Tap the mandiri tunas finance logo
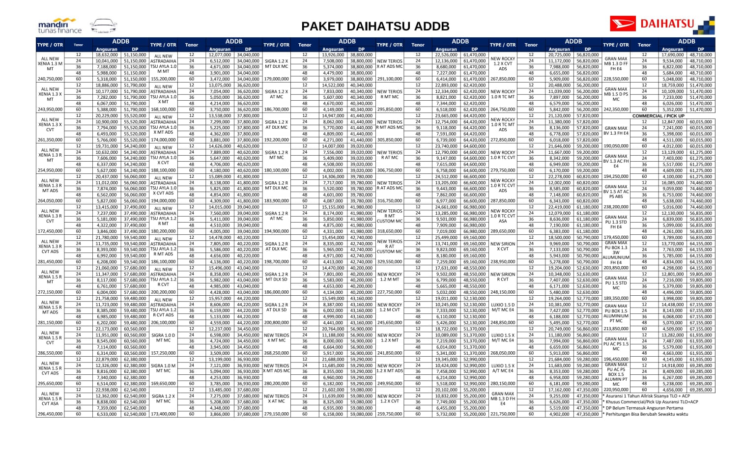[x=59, y=26]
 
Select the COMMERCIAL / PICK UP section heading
[x=658, y=116]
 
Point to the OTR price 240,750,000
[x=50, y=79]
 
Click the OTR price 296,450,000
[x=50, y=414]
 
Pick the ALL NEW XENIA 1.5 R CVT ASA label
[x=50, y=399]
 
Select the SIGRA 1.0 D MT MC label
[x=163, y=338]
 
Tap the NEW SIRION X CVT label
[x=503, y=247]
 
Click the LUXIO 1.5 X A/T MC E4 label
[x=503, y=368]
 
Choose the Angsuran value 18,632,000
[x=107, y=55]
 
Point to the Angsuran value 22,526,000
[x=446, y=55]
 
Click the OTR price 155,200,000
[x=163, y=79]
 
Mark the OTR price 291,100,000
[x=390, y=79]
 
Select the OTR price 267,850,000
[x=503, y=79]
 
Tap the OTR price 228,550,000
[x=616, y=79]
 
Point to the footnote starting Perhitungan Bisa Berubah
[x=646, y=414]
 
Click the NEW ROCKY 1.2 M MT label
[x=390, y=277]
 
